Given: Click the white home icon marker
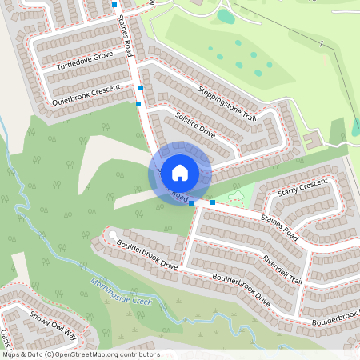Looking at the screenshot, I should click(180, 173).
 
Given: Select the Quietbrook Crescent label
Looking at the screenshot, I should click(86, 94).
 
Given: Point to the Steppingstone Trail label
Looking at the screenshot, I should click(227, 102).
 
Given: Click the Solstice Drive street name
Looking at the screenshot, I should click(194, 126).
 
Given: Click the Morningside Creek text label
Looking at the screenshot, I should click(121, 292).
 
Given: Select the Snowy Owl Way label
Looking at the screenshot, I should click(53, 323).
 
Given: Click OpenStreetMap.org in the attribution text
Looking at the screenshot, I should click(87, 354).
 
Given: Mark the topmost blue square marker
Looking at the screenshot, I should click(115, 5).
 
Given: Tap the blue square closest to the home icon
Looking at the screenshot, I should click(191, 203).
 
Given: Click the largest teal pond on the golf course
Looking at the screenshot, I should click(226, 16).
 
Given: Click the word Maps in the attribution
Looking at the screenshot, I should click(12, 354).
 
